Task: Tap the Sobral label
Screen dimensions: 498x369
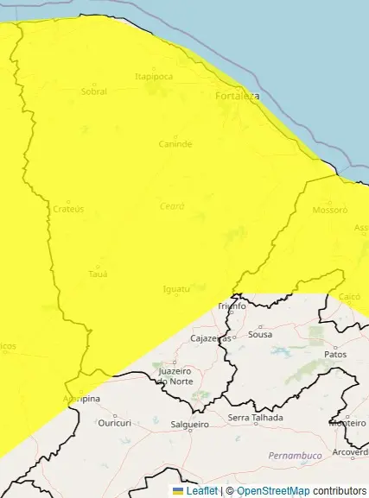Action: tap(93, 91)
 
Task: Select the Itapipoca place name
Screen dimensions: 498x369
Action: tap(154, 76)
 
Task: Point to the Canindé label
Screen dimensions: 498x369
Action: tap(175, 143)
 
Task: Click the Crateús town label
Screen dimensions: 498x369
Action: tap(68, 209)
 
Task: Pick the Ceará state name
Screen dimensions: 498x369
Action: tap(172, 206)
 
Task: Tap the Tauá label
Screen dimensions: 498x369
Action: tap(98, 274)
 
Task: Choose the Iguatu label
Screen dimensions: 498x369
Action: tap(176, 288)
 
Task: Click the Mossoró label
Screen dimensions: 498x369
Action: tap(329, 210)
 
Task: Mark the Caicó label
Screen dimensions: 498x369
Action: tap(349, 296)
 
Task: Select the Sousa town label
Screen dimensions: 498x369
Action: tap(260, 334)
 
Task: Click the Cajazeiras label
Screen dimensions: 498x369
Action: tap(211, 338)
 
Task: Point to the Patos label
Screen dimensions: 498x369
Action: tap(334, 354)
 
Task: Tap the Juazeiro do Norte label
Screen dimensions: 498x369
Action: tap(175, 375)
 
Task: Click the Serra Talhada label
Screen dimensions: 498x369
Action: tap(251, 418)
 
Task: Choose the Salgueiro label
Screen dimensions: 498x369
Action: tap(190, 425)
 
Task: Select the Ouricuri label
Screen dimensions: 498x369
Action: tap(114, 423)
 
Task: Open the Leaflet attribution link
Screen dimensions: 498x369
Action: tap(201, 491)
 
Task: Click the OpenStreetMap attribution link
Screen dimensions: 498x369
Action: tap(273, 491)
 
